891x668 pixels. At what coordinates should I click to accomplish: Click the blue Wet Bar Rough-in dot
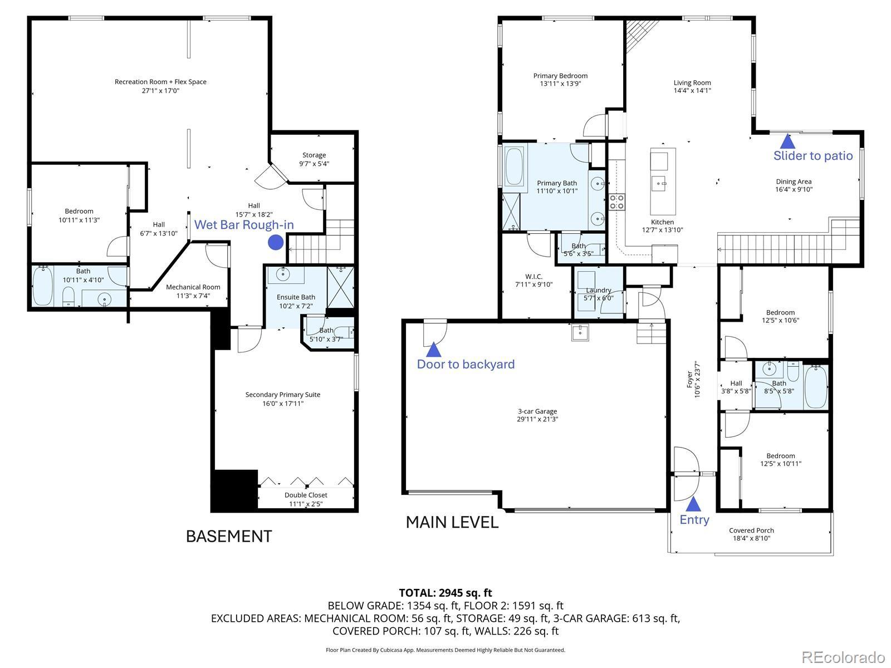(276, 243)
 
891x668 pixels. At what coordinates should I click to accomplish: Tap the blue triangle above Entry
(693, 504)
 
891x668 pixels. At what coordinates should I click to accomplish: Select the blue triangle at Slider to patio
(787, 141)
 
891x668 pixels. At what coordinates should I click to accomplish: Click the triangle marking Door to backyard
(433, 349)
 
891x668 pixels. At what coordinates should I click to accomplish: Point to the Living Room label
(692, 83)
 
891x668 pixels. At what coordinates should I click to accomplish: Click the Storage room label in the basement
(314, 155)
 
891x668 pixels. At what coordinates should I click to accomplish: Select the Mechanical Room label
(193, 287)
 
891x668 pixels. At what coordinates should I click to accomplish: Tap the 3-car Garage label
(537, 411)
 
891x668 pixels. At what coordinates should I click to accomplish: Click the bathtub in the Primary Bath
(514, 166)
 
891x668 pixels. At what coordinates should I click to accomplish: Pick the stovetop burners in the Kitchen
(616, 202)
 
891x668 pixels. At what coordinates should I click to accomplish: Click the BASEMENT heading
(229, 536)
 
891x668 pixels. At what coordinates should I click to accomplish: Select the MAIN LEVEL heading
(452, 522)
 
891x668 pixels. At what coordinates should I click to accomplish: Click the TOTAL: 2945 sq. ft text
(445, 592)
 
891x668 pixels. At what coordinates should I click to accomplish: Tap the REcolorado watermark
(843, 657)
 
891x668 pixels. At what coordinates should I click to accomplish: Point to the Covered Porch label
(751, 530)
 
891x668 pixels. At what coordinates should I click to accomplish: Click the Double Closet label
(306, 495)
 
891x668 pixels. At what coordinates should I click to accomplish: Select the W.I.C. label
(534, 277)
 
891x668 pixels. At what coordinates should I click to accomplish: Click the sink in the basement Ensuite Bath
(283, 274)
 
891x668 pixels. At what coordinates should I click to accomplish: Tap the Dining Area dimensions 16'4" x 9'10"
(794, 189)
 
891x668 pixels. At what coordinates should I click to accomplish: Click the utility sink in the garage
(580, 332)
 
